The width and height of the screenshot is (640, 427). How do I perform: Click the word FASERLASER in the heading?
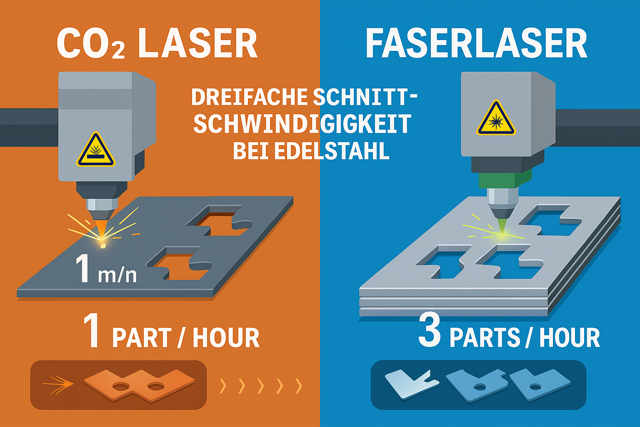click(x=476, y=44)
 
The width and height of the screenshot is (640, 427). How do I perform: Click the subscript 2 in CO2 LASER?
click(x=118, y=51)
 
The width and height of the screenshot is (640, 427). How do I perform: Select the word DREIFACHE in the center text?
click(x=249, y=97)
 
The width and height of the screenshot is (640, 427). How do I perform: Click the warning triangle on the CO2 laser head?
click(x=95, y=151)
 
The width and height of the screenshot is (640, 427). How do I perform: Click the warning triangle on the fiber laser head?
click(x=496, y=119)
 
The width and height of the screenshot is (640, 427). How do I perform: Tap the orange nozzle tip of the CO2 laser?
click(x=101, y=228)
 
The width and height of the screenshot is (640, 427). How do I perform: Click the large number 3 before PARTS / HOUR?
click(x=430, y=332)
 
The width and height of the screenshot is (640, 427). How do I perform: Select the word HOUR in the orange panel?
click(x=226, y=338)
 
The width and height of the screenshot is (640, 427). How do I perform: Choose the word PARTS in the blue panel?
click(x=485, y=338)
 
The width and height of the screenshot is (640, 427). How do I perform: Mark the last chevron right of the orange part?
click(x=298, y=386)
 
